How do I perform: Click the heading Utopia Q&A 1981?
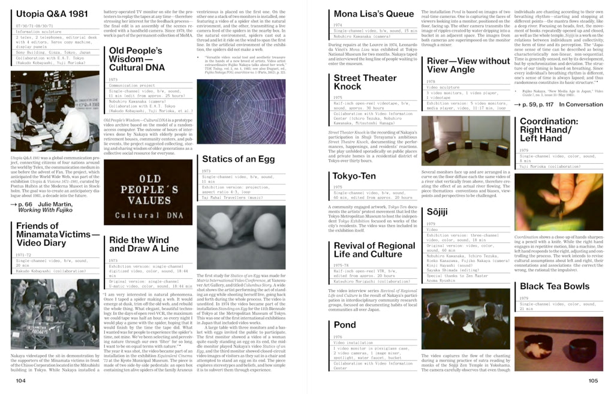(51, 14)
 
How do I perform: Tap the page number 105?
(593, 380)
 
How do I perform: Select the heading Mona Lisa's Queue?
(374, 14)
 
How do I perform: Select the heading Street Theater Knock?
(365, 82)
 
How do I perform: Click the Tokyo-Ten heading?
(355, 176)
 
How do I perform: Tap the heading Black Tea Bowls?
(555, 286)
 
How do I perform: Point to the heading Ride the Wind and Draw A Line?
(144, 244)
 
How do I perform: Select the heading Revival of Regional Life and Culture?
(374, 249)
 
